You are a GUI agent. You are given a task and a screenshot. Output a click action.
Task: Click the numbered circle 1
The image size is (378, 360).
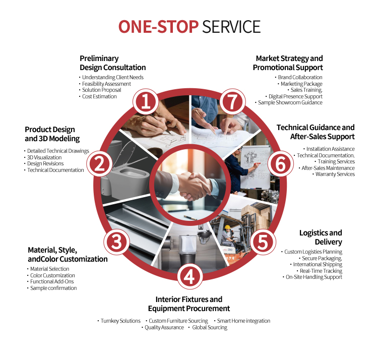click(x=146, y=102)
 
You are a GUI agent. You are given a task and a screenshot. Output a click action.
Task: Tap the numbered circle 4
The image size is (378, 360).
click(x=190, y=276)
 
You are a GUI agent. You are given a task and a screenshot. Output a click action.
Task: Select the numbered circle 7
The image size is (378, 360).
click(x=232, y=102)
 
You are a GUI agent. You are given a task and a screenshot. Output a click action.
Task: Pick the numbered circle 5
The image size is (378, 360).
click(x=263, y=242)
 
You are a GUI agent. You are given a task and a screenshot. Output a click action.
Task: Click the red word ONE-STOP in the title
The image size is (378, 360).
click(x=158, y=27)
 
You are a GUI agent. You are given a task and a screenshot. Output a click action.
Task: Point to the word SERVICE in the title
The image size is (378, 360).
click(x=231, y=27)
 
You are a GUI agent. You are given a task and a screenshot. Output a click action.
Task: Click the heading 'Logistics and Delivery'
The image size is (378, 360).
click(x=321, y=237)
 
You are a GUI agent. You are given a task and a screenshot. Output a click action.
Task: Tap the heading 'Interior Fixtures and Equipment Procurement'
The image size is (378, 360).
click(x=189, y=304)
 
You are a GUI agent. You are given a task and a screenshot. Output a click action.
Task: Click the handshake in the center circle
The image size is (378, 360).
click(x=192, y=186)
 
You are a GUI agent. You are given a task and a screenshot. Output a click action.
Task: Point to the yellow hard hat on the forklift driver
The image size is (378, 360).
click(x=227, y=227)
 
